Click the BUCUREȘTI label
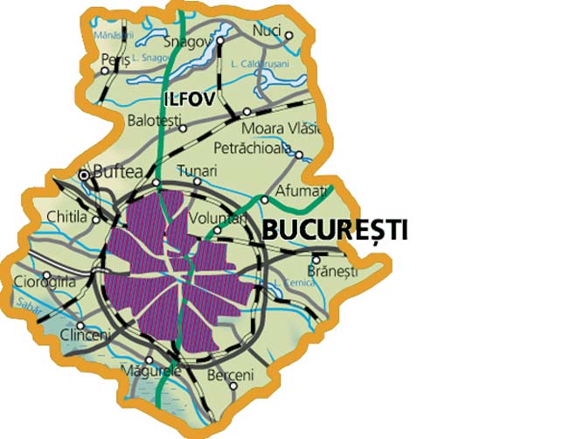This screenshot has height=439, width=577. tap(335, 231)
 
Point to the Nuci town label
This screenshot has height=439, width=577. tap(266, 31)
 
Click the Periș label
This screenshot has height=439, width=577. tap(115, 59)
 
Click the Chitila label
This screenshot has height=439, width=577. tap(66, 219)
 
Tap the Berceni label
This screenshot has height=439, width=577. tap(231, 375)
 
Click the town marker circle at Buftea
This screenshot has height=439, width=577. tap(85, 175)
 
